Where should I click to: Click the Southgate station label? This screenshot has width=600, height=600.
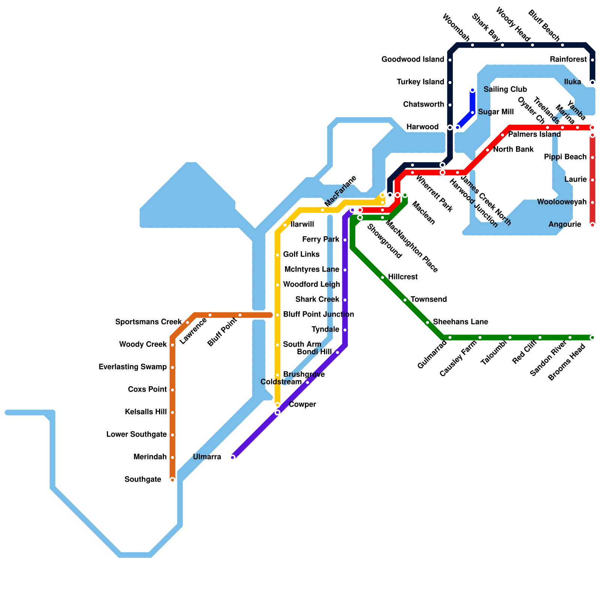pyautogui.click(x=143, y=480)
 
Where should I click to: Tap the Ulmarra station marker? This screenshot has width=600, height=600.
pyautogui.click(x=233, y=457)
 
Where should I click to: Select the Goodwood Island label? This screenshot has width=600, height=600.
pyautogui.click(x=412, y=60)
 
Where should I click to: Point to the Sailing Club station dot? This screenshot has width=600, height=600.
pyautogui.click(x=472, y=90)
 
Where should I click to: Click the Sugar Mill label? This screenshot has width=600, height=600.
pyautogui.click(x=496, y=112)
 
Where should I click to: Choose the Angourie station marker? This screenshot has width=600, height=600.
pyautogui.click(x=592, y=225)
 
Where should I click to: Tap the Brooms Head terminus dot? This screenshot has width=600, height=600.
pyautogui.click(x=592, y=337)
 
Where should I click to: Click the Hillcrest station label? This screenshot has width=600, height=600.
pyautogui.click(x=403, y=277)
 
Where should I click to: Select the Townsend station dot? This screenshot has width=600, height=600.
pyautogui.click(x=405, y=300)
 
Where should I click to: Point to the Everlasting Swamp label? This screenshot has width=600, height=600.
pyautogui.click(x=132, y=367)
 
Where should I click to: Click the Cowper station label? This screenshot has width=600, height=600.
pyautogui.click(x=302, y=405)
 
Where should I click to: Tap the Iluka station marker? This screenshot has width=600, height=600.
pyautogui.click(x=592, y=82)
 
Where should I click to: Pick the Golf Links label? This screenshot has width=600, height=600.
pyautogui.click(x=301, y=255)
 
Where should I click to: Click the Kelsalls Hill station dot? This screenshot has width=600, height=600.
pyautogui.click(x=172, y=412)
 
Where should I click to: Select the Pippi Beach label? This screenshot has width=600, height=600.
pyautogui.click(x=565, y=157)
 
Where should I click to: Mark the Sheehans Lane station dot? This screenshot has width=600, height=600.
pyautogui.click(x=427, y=322)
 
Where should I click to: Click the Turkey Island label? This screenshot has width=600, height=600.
pyautogui.click(x=420, y=82)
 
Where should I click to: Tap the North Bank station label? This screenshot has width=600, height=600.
pyautogui.click(x=513, y=150)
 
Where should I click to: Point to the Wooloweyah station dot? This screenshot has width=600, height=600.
pyautogui.click(x=592, y=202)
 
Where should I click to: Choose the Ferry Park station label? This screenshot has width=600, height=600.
pyautogui.click(x=321, y=240)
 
